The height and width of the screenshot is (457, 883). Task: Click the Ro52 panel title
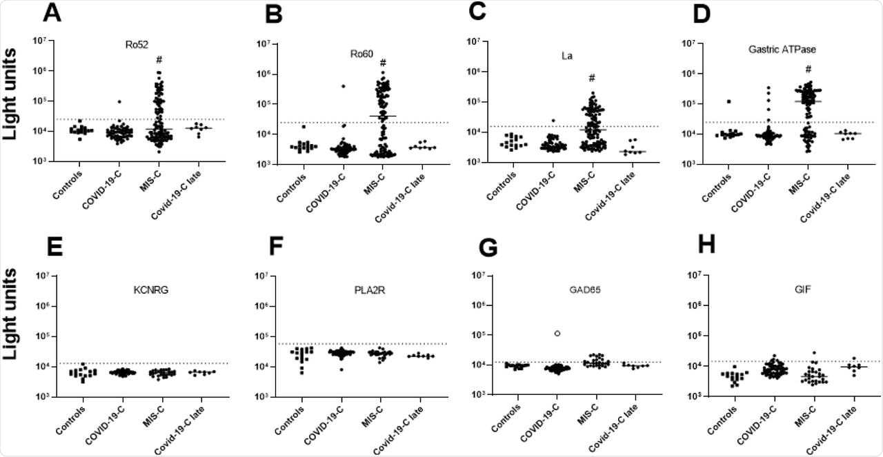click(128, 46)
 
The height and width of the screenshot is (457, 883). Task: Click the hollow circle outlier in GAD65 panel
click(537, 334)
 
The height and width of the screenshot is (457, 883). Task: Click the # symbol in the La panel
click(591, 77)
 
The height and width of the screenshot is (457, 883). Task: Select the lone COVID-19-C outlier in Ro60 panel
click(342, 86)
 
